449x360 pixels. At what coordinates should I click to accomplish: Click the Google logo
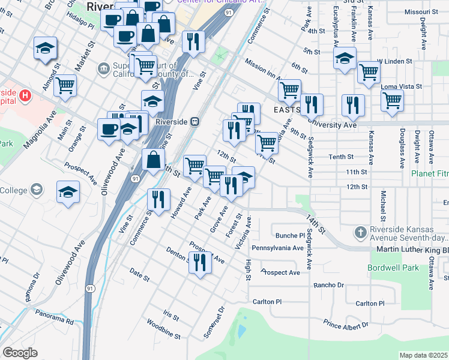point(20,353)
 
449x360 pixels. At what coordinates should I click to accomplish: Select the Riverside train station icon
point(194,122)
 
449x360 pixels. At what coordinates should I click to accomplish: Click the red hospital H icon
point(25,95)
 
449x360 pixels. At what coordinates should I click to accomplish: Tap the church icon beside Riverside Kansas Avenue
point(360,232)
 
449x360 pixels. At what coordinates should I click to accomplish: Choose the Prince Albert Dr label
point(345,325)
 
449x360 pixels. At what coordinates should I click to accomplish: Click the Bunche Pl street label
point(291,235)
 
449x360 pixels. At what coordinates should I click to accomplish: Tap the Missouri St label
point(421,11)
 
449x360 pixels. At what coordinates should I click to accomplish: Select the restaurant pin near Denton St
point(200,262)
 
